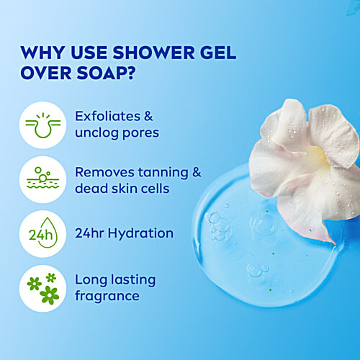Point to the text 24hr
(x=89, y=233)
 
